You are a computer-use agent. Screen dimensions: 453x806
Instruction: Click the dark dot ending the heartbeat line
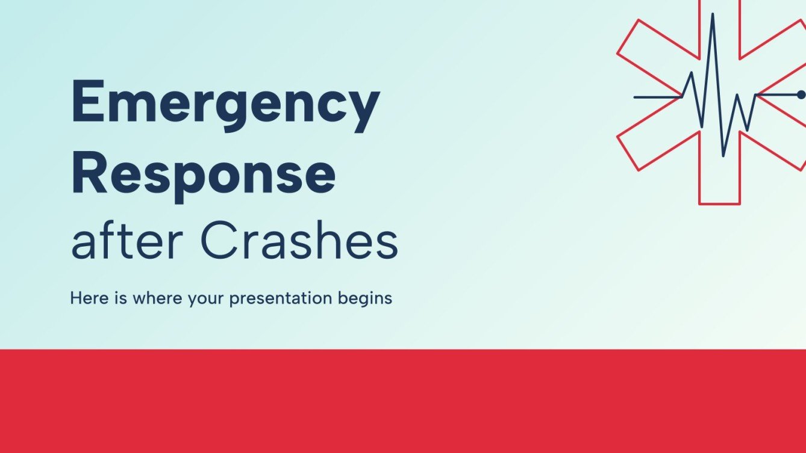[801, 95]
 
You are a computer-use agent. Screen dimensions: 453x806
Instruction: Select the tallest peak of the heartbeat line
[713, 14]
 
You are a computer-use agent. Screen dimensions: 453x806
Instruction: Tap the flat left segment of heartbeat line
[657, 96]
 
